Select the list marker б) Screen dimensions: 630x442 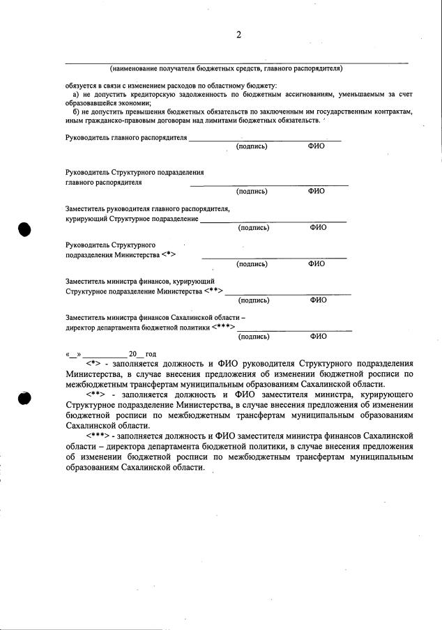pyautogui.click(x=77, y=112)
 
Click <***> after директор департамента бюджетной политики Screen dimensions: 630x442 pyautogui.click(x=224, y=328)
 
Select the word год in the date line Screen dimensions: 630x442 pyautogui.click(x=150, y=354)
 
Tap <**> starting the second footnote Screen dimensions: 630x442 pyautogui.click(x=96, y=396)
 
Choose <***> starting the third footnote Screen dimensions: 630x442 pyautogui.click(x=98, y=436)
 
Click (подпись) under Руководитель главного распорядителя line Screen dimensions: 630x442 pyautogui.click(x=252, y=146)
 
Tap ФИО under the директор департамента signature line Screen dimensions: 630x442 pyautogui.click(x=318, y=336)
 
